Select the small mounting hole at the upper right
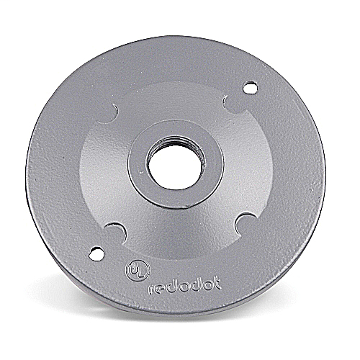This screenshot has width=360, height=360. click(250, 88)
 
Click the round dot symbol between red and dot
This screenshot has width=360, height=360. click(181, 289)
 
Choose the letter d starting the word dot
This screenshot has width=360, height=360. click(191, 287)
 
